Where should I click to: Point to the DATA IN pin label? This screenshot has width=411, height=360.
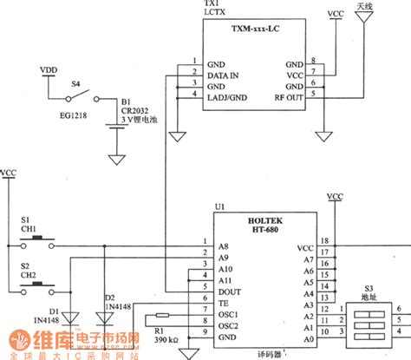point(221,75)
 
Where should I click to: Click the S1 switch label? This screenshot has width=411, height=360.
point(25,220)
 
